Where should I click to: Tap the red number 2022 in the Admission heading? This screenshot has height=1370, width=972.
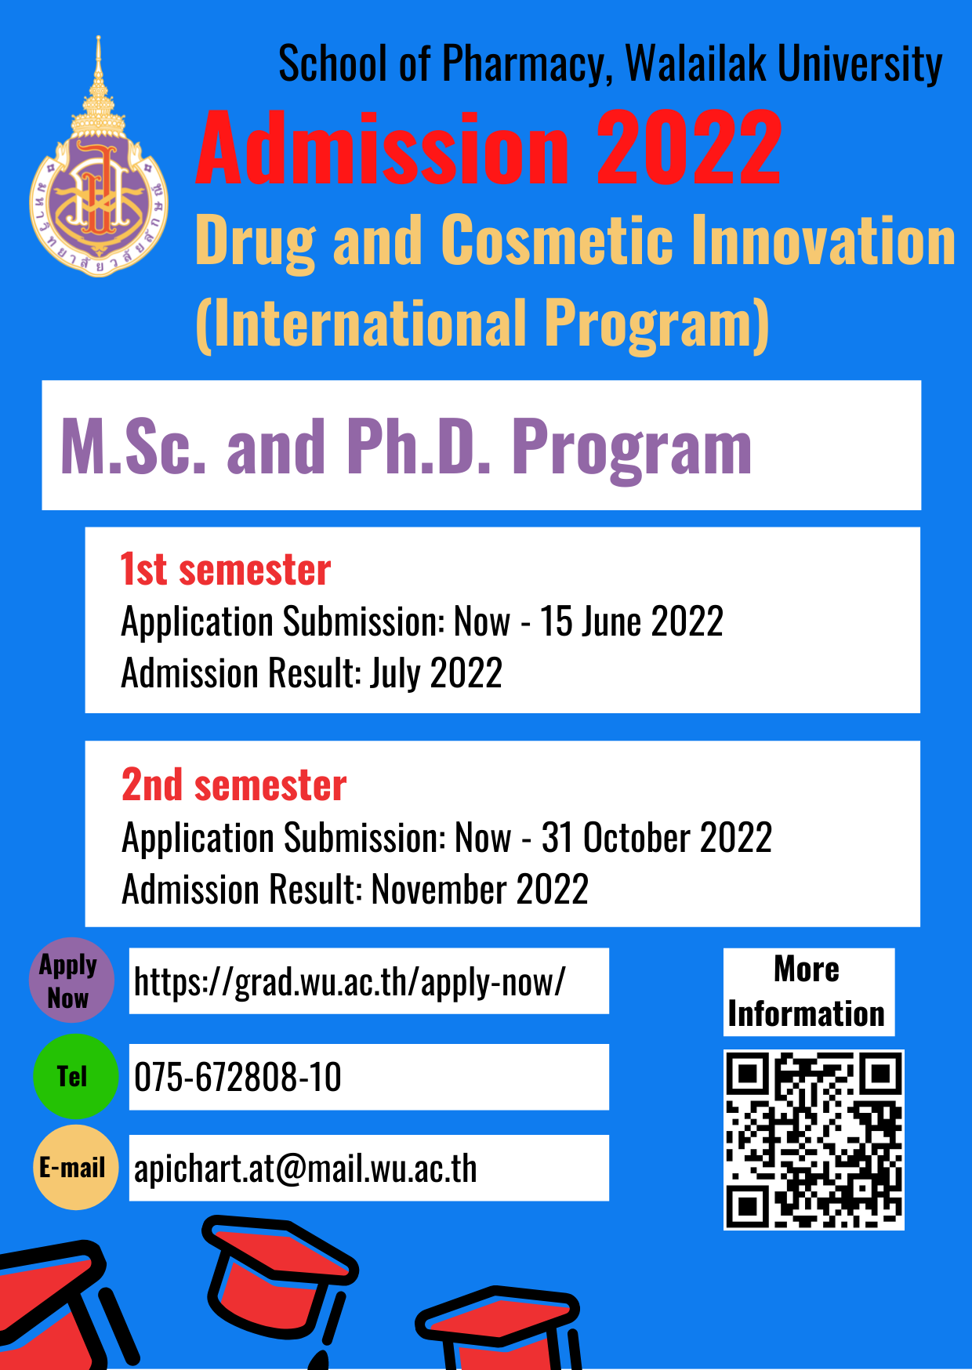pyautogui.click(x=689, y=148)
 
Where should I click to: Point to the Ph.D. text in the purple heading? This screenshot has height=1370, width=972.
pyautogui.click(x=419, y=447)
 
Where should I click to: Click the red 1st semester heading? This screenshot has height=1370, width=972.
pyautogui.click(x=225, y=569)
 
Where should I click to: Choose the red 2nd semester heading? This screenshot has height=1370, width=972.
pyautogui.click(x=234, y=785)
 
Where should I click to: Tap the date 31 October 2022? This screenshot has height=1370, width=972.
pyautogui.click(x=657, y=837)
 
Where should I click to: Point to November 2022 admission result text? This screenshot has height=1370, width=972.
pyautogui.click(x=480, y=890)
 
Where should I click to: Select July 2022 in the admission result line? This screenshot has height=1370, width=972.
pyautogui.click(x=436, y=673)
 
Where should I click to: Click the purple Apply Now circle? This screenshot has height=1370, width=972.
pyautogui.click(x=71, y=980)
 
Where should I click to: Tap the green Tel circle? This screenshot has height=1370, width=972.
pyautogui.click(x=75, y=1076)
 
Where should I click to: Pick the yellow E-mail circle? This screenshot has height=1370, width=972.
pyautogui.click(x=75, y=1168)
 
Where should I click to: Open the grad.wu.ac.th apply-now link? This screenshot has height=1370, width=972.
pyautogui.click(x=350, y=982)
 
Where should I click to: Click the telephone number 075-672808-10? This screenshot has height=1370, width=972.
pyautogui.click(x=238, y=1077)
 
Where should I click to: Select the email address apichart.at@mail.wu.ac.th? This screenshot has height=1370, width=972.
pyautogui.click(x=306, y=1169)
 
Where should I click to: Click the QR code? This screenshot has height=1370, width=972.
pyautogui.click(x=814, y=1140)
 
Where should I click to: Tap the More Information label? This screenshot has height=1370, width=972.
pyautogui.click(x=807, y=991)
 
